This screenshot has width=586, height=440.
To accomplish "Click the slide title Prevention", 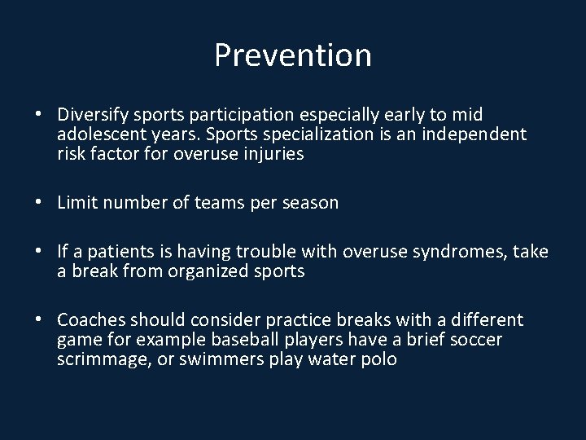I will [x=293, y=55].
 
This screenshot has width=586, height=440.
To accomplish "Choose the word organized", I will [x=212, y=271].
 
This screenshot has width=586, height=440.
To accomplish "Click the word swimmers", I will [x=229, y=359].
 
